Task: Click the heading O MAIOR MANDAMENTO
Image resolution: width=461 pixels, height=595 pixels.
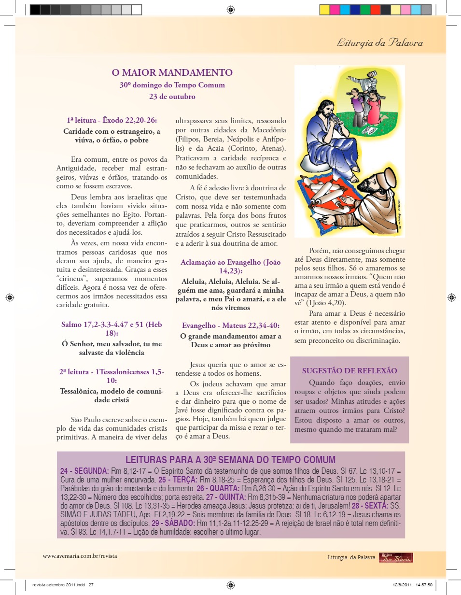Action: tap(172, 73)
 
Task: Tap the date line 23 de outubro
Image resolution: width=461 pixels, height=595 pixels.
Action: tap(172, 96)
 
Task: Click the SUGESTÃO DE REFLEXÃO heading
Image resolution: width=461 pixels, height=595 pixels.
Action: tap(349, 371)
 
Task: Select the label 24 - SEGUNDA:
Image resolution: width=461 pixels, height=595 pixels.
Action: tap(84, 470)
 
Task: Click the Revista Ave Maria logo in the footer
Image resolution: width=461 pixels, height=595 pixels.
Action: tap(396, 557)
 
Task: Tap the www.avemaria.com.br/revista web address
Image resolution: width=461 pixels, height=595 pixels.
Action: tap(80, 556)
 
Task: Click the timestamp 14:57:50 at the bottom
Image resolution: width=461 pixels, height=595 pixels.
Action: tap(423, 585)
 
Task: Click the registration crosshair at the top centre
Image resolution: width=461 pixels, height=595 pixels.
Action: tap(230, 9)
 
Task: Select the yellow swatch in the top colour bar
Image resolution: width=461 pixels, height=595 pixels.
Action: tap(324, 9)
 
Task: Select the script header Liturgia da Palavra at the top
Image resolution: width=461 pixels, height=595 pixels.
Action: tap(379, 43)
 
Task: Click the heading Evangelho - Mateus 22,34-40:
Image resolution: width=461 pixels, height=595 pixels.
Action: tap(231, 326)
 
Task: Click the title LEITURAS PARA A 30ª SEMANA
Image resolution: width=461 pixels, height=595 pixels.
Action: tap(230, 459)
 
